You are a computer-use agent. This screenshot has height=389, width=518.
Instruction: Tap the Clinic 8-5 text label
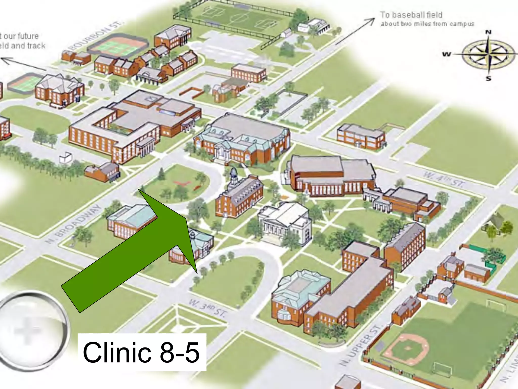[141, 352]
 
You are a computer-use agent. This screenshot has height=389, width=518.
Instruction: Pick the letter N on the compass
[488, 32]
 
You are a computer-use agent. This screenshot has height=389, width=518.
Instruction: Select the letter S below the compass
[488, 78]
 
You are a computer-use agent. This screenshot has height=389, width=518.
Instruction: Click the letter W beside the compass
[446, 54]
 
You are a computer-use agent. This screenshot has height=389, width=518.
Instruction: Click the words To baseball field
[411, 15]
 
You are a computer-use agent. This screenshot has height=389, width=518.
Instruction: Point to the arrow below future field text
[23, 64]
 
